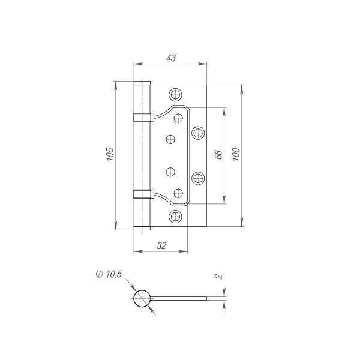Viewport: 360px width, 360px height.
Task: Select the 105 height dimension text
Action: pyautogui.click(x=109, y=156)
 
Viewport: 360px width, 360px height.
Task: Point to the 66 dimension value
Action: pyautogui.click(x=218, y=155)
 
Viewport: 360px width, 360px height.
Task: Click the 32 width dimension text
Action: pyautogui.click(x=161, y=245)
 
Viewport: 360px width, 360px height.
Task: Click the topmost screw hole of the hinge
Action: pyautogui.click(x=175, y=94)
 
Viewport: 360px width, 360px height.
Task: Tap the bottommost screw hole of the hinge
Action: pyautogui.click(x=175, y=217)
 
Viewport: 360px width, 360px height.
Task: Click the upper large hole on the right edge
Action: pyautogui.click(x=198, y=132)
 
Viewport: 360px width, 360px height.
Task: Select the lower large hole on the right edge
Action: pyautogui.click(x=198, y=178)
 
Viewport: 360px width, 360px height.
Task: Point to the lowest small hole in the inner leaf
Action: pyautogui.click(x=178, y=192)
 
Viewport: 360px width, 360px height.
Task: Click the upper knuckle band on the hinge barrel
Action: pyautogui.click(x=142, y=116)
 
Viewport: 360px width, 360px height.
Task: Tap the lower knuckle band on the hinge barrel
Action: pyautogui.click(x=142, y=193)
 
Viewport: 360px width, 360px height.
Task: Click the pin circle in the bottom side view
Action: pyautogui.click(x=142, y=298)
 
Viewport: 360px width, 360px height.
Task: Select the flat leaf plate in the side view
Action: pyautogui.click(x=180, y=298)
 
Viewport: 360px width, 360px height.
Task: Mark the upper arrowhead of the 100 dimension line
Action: pyautogui.click(x=242, y=88)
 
